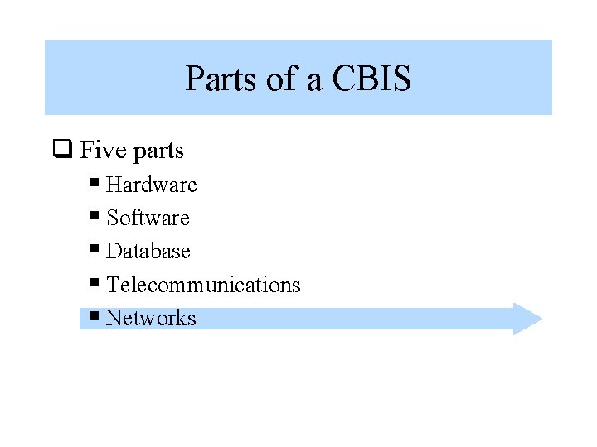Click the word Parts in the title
pyautogui.click(x=220, y=79)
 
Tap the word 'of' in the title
pyautogui.click(x=280, y=79)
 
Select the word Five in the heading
pyautogui.click(x=103, y=151)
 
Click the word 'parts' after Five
pyautogui.click(x=158, y=152)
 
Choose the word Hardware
pyautogui.click(x=152, y=185)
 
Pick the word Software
pyautogui.click(x=148, y=218)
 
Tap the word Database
pyautogui.click(x=148, y=251)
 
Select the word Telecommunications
pyautogui.click(x=203, y=285)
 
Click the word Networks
pyautogui.click(x=151, y=318)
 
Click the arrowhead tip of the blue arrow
pyautogui.click(x=541, y=319)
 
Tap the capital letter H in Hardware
pyautogui.click(x=114, y=185)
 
